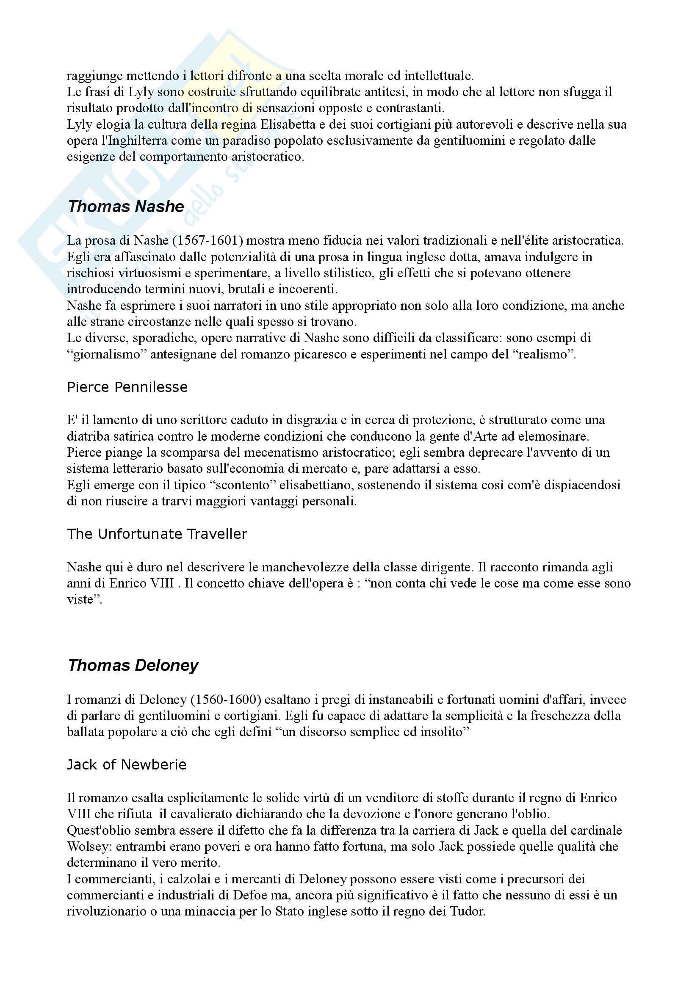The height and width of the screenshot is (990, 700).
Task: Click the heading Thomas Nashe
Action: [125, 207]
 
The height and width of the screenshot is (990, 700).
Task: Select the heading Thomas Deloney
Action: [133, 665]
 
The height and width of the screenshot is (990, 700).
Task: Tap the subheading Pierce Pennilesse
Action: [127, 387]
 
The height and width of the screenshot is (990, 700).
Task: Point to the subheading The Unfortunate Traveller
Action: [157, 534]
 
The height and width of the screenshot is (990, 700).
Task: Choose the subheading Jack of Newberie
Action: [127, 764]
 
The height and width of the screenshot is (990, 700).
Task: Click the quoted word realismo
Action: [542, 354]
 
